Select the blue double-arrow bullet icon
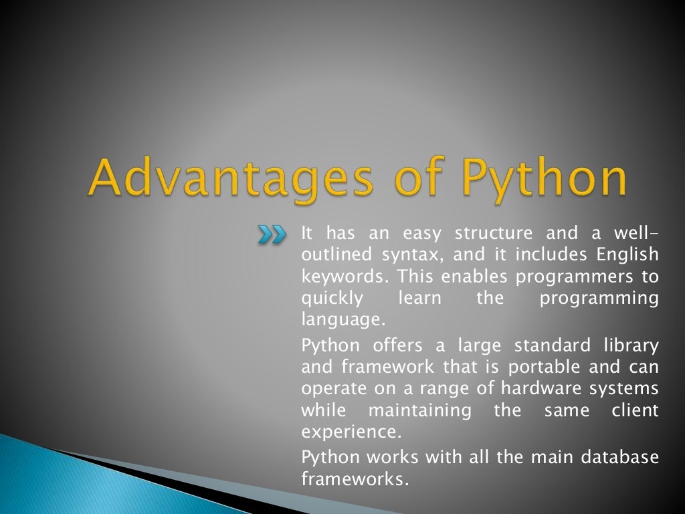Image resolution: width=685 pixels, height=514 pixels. (272, 234)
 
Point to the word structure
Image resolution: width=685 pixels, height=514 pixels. (494, 234)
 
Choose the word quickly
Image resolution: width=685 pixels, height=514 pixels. (332, 298)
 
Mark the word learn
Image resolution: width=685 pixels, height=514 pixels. (419, 298)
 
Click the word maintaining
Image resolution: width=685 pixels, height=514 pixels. (420, 410)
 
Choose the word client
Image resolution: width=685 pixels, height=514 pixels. (635, 410)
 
